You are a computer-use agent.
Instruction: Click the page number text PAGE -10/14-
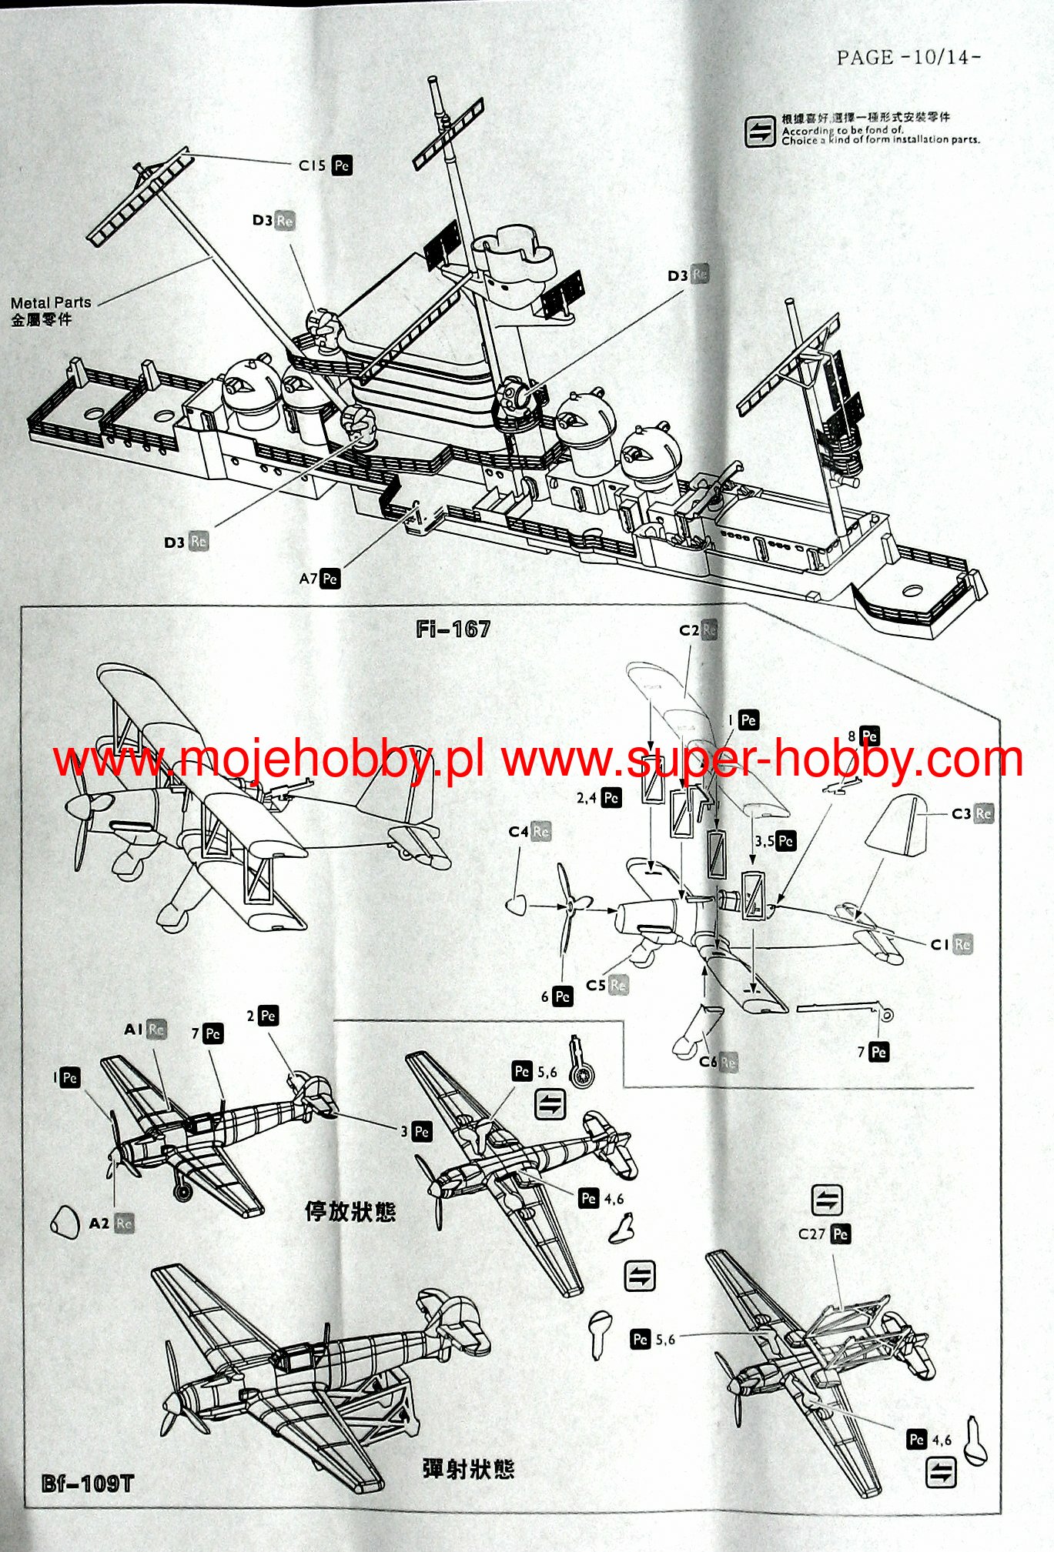(x=908, y=58)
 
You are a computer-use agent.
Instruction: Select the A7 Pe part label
(x=320, y=578)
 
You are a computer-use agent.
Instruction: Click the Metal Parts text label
(x=51, y=303)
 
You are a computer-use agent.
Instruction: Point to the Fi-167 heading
(x=453, y=629)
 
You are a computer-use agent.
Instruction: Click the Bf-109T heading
(x=88, y=1484)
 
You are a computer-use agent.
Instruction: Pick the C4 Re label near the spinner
(x=529, y=832)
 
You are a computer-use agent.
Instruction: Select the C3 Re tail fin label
(x=972, y=813)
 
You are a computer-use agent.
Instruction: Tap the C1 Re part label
(x=951, y=944)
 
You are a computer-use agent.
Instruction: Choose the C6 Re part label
(x=718, y=1063)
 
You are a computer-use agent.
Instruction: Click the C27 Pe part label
(x=824, y=1234)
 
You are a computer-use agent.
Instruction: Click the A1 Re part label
(x=146, y=1030)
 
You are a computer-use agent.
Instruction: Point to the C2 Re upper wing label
(x=698, y=630)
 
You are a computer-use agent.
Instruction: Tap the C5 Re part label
(x=607, y=985)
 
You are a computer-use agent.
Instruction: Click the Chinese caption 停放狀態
(x=350, y=1212)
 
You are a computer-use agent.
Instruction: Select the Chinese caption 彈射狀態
(x=468, y=1469)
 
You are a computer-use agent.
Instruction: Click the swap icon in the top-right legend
(x=759, y=131)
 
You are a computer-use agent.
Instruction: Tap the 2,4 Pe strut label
(x=598, y=798)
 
